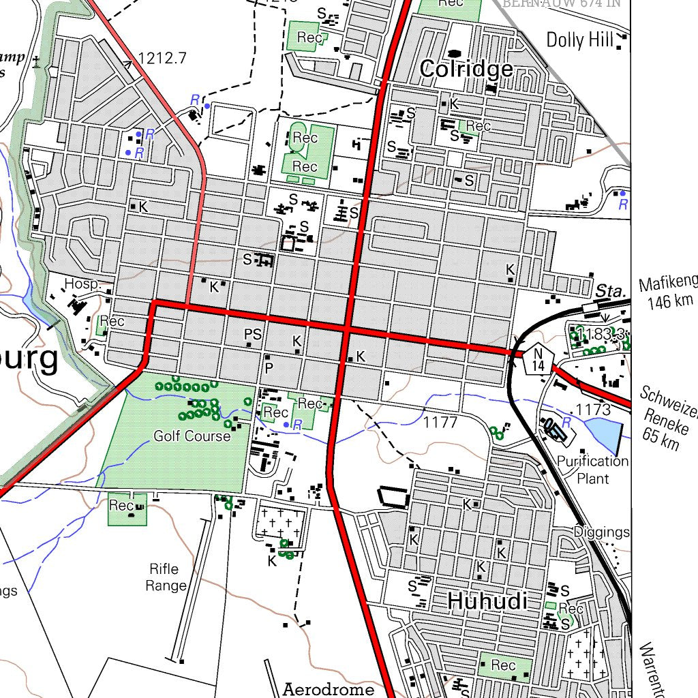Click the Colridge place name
click(466, 69)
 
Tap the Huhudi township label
click(487, 601)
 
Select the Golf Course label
click(192, 436)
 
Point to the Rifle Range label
click(166, 577)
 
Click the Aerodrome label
click(329, 688)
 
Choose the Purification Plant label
click(592, 470)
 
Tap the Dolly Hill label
click(580, 40)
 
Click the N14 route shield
click(538, 358)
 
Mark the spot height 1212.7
click(162, 59)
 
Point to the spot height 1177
click(440, 423)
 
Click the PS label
click(253, 334)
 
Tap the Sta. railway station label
click(610, 291)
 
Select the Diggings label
click(601, 532)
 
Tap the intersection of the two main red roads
click(347, 330)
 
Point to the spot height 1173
click(593, 410)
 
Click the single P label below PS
click(269, 368)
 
